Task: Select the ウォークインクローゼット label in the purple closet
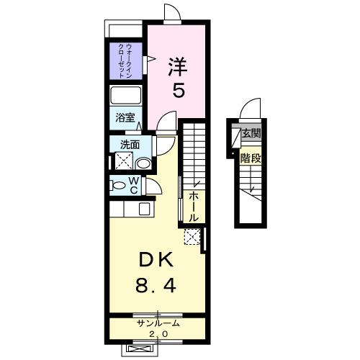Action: pos(124,60)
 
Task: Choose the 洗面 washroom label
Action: pos(130,144)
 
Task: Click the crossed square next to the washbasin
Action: pos(122,161)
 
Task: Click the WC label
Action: pos(133,185)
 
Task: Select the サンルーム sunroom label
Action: pos(158,324)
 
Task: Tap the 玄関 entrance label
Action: pos(251,134)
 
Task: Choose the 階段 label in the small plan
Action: pos(251,158)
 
